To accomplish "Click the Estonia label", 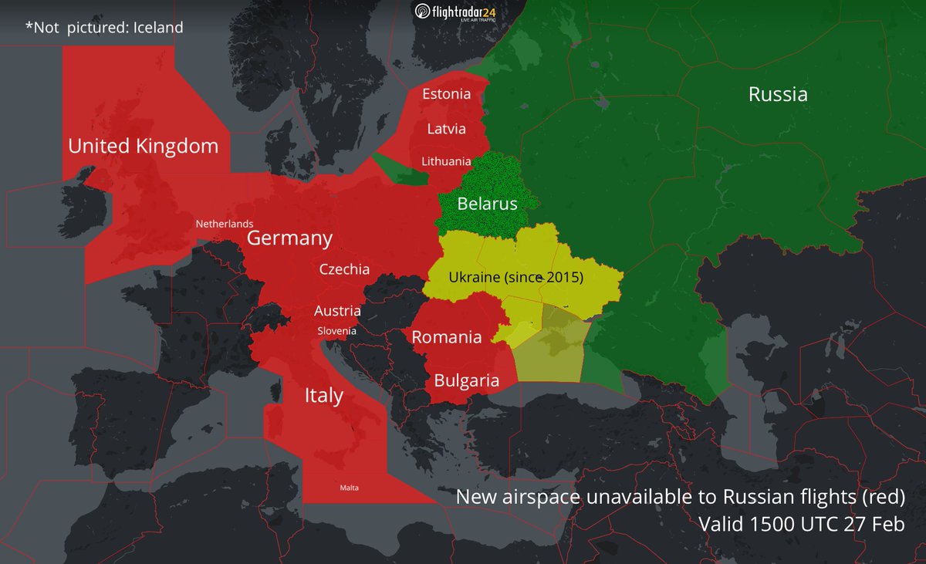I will pyautogui.click(x=446, y=95).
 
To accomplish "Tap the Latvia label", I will pyautogui.click(x=446, y=129).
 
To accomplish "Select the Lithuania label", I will pyautogui.click(x=446, y=161).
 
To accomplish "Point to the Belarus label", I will pyautogui.click(x=487, y=204).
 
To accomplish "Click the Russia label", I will pyautogui.click(x=778, y=94).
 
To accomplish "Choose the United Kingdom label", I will pyautogui.click(x=144, y=146).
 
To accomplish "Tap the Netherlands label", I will pyautogui.click(x=224, y=224).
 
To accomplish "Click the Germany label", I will pyautogui.click(x=289, y=238).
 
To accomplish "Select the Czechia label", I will pyautogui.click(x=344, y=270).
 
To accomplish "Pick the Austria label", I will pyautogui.click(x=337, y=311).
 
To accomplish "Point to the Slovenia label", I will pyautogui.click(x=337, y=331).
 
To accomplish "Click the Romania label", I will pyautogui.click(x=447, y=337).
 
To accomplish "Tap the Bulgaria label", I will pyautogui.click(x=466, y=380).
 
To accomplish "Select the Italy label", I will pyautogui.click(x=323, y=396).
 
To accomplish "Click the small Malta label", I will pyautogui.click(x=350, y=488).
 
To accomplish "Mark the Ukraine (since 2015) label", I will pyautogui.click(x=515, y=276).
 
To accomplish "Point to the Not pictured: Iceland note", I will pyautogui.click(x=104, y=28).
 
